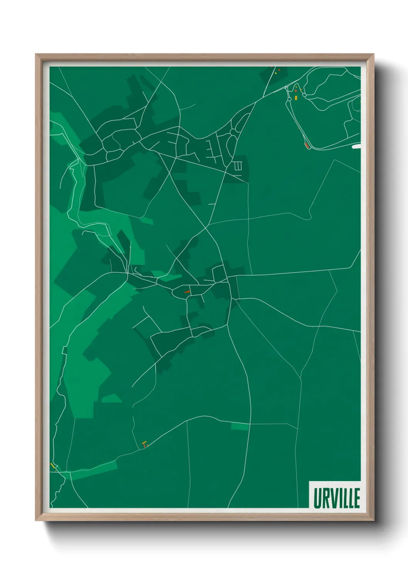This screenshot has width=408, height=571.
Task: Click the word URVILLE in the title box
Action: [x=336, y=498]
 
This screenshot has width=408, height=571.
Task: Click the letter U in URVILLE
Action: [x=317, y=498]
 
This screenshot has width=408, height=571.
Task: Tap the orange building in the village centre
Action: [x=187, y=292]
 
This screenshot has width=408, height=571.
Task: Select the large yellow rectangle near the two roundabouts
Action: [x=296, y=98]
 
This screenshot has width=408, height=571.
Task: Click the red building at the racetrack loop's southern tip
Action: [x=307, y=145]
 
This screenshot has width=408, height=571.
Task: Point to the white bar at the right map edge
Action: [x=356, y=147]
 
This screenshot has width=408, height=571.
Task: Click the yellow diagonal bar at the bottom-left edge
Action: [x=52, y=466]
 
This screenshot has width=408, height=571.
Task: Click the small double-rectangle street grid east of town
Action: [x=238, y=166]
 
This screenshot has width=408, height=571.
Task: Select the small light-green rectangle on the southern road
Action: [x=240, y=426]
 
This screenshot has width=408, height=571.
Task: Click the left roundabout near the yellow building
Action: [x=289, y=99]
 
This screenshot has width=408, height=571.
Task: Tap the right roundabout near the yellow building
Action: [x=304, y=95]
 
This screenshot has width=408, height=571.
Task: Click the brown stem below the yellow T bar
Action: [x=145, y=446]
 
